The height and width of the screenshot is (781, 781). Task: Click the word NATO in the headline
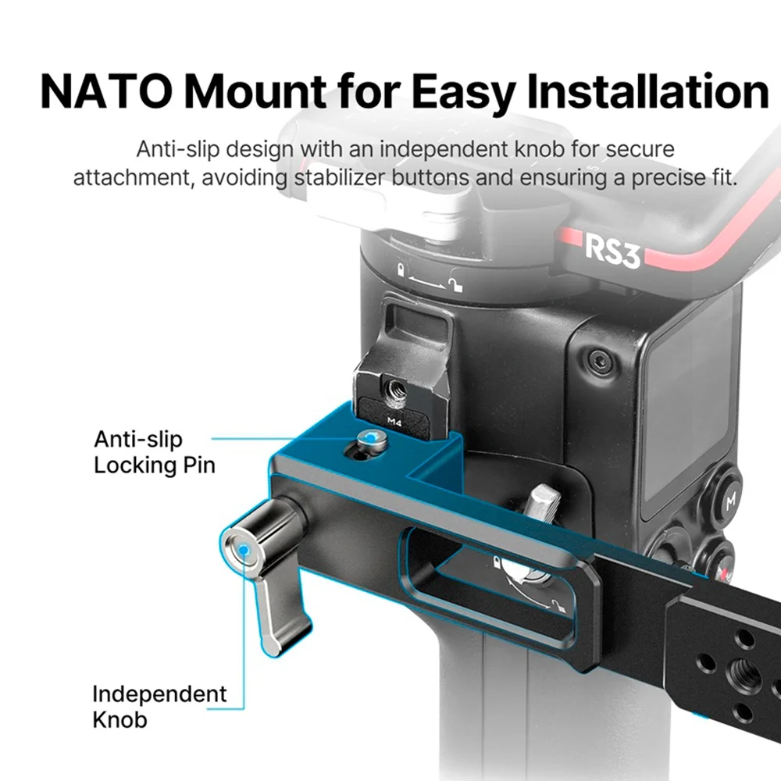pos(106,91)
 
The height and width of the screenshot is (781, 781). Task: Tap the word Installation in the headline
pos(648,91)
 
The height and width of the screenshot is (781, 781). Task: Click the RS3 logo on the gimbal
pos(612,251)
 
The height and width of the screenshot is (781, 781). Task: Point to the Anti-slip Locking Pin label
pos(155,452)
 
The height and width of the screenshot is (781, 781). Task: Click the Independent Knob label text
pos(159,706)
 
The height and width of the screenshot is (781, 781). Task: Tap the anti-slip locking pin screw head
pos(369,438)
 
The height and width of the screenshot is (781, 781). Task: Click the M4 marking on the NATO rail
pos(394,422)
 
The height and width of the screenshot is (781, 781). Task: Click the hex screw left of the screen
pos(597,360)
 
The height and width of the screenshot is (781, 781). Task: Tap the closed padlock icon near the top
pos(401,270)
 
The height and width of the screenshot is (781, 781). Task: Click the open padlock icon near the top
pos(455,283)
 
